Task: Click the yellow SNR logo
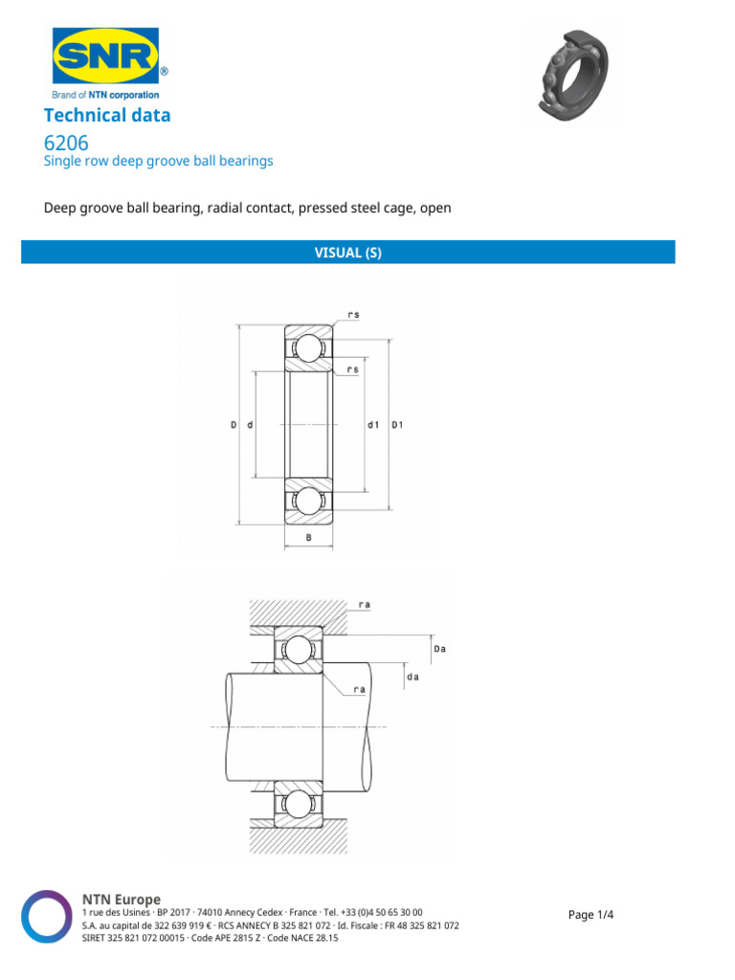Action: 104,56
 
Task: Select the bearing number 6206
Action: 67,143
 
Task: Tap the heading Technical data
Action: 107,116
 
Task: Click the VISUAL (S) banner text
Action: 348,253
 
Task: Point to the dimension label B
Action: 308,539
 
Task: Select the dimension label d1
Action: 373,424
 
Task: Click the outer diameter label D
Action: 233,424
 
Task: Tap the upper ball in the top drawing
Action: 308,346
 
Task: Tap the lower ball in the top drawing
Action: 308,501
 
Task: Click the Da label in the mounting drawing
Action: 440,649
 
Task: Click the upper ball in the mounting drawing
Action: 299,650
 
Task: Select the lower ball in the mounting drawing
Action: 299,805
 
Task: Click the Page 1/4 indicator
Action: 590,915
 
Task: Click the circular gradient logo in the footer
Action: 47,917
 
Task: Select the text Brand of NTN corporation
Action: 104,95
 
